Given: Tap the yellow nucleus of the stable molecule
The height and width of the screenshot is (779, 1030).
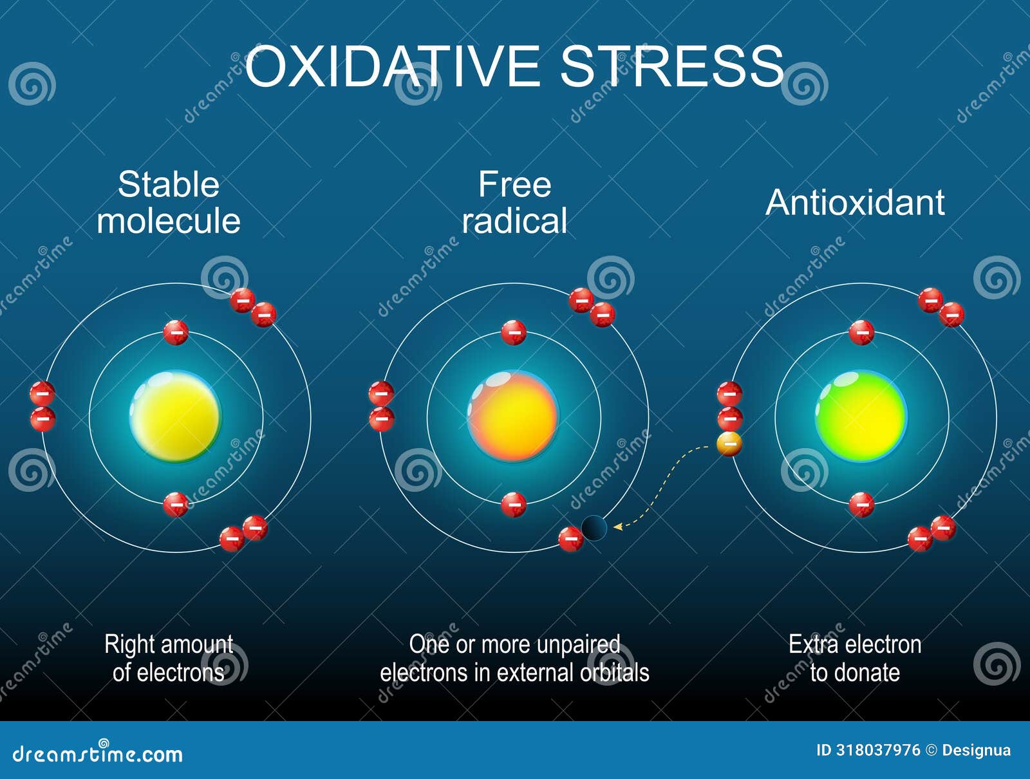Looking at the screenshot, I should pos(175,416).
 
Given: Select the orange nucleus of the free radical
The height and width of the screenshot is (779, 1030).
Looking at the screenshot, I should pos(513,416).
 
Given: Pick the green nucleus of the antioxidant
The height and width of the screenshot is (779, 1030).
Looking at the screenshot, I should pos(861,416).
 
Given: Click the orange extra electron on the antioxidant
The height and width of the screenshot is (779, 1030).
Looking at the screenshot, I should pos(729,444).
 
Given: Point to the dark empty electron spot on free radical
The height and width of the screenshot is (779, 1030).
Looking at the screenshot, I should pos(594,528).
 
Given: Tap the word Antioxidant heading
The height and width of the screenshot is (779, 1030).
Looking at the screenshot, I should pos(855,202).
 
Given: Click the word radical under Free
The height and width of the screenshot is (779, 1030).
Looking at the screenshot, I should pos(514,221).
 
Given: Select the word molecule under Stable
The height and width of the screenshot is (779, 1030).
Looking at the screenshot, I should pos(169,221).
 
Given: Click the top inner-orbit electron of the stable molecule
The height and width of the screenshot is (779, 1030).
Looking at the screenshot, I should pos(176,332).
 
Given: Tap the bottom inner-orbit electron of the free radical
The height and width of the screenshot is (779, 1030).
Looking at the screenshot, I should pos(513,504).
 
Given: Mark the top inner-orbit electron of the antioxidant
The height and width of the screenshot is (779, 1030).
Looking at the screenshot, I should pos(861,332).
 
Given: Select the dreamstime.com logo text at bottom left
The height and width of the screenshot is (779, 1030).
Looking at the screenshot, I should pos(97,753).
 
